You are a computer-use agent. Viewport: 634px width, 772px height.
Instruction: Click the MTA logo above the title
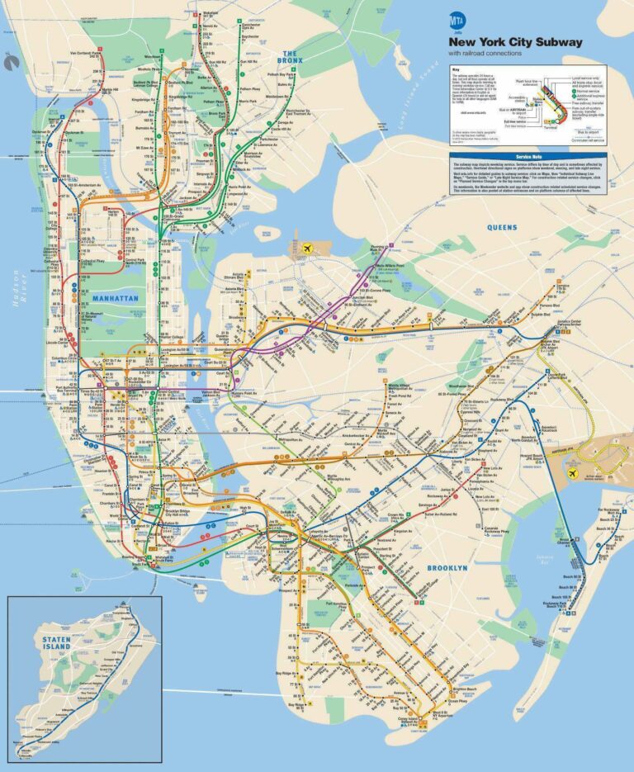pyautogui.click(x=457, y=19)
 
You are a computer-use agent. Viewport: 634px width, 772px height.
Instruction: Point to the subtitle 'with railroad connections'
pyautogui.click(x=486, y=54)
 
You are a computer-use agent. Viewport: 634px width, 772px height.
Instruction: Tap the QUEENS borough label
pyautogui.click(x=502, y=227)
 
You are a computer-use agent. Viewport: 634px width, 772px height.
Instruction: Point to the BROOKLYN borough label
pyautogui.click(x=447, y=569)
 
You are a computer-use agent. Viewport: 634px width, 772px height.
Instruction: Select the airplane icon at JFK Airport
pyautogui.click(x=574, y=473)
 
